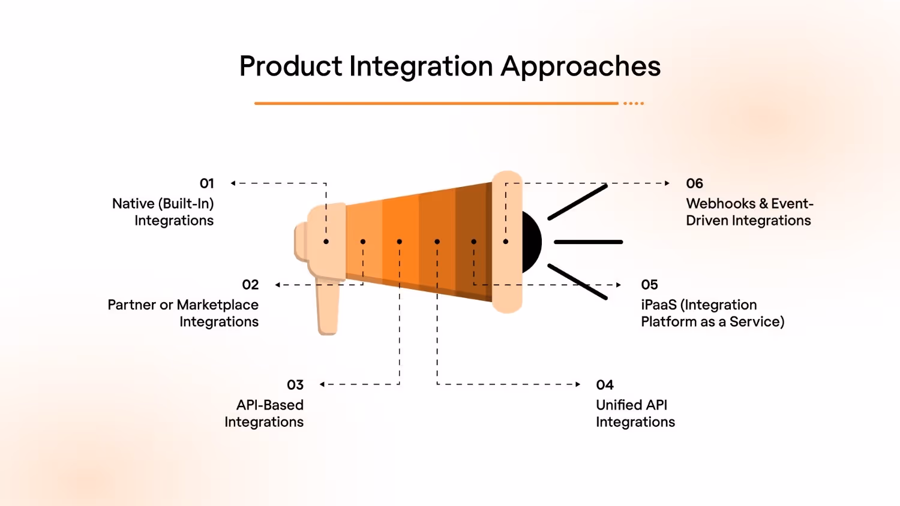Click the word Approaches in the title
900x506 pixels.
pos(580,67)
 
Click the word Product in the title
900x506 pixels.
pos(290,66)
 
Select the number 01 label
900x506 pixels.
pos(206,183)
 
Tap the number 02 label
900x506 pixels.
pos(250,285)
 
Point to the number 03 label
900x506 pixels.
pos(295,385)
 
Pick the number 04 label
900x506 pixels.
pos(605,385)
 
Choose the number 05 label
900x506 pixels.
pos(649,285)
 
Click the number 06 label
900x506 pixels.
pos(694,183)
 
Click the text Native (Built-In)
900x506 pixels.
pos(163,204)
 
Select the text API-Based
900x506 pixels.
pos(270,405)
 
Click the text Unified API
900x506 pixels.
pos(631,405)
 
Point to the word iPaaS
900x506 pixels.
pos(658,305)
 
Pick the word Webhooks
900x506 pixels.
pos(721,204)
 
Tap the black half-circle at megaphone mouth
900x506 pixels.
pos(532,242)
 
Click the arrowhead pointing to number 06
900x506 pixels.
pos(667,183)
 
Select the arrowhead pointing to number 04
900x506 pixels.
pos(578,384)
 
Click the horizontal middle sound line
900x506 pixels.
pos(588,242)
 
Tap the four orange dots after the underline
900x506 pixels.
pos(634,104)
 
